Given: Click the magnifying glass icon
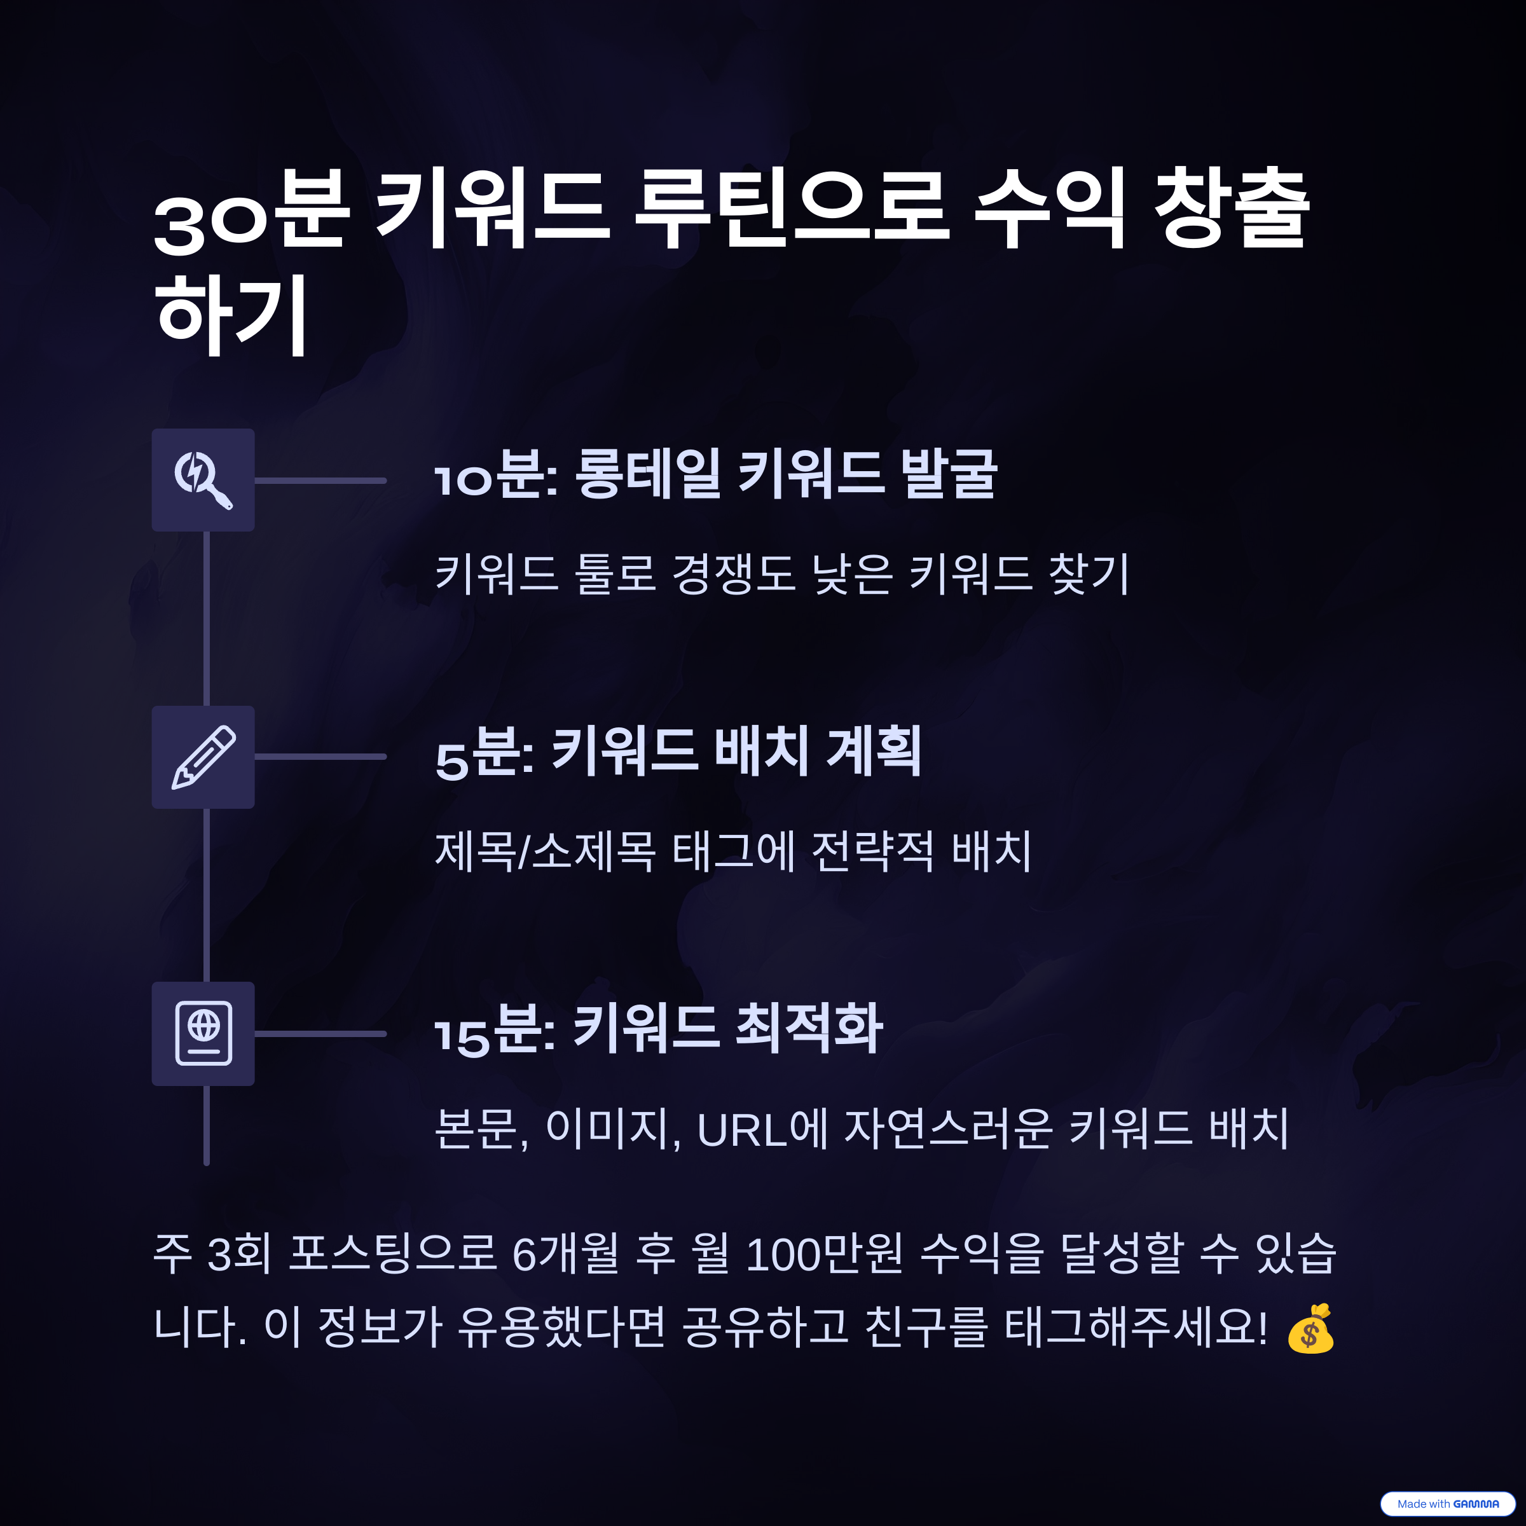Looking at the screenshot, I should pyautogui.click(x=203, y=479).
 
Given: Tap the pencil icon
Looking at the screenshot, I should pyautogui.click(x=203, y=757).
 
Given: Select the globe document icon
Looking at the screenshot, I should pyautogui.click(x=203, y=1033).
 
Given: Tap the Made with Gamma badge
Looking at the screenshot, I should pyautogui.click(x=1447, y=1503).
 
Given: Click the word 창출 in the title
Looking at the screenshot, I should pyautogui.click(x=1232, y=209).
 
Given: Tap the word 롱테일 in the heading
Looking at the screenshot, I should pyautogui.click(x=647, y=474).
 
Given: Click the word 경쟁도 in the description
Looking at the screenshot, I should pyautogui.click(x=733, y=574).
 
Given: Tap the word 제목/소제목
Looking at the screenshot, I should pyautogui.click(x=545, y=851).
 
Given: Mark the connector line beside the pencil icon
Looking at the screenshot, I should pyautogui.click(x=320, y=757).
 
